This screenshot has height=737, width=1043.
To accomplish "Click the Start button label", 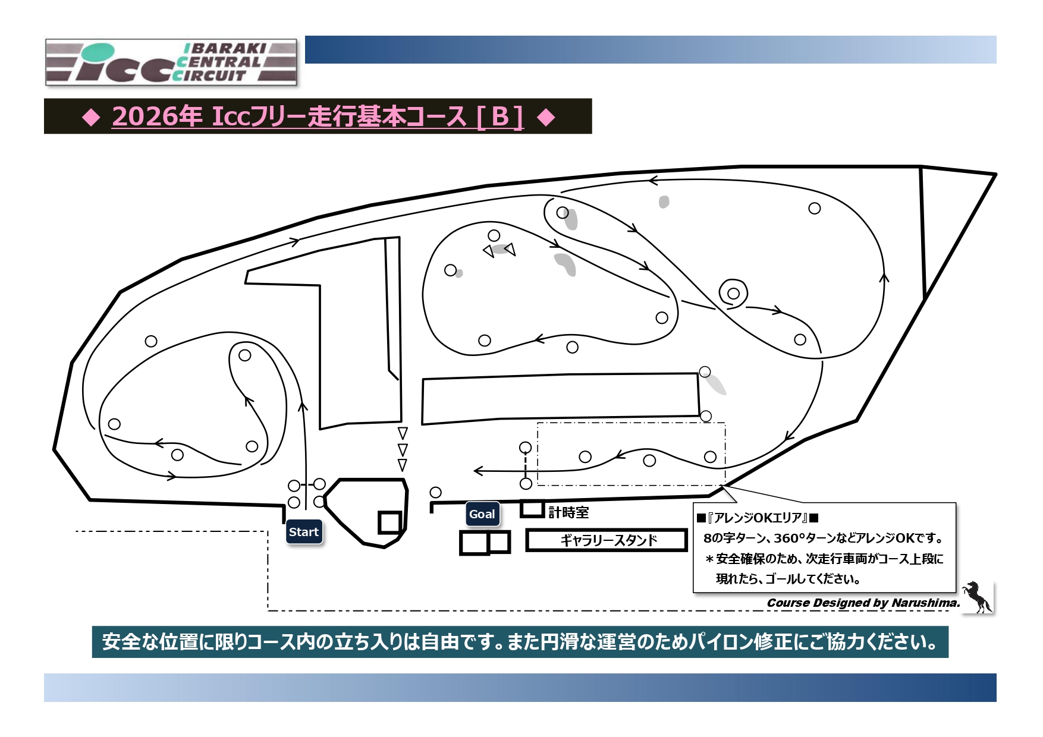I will (304, 532).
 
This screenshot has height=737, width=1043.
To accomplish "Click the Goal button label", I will (482, 514).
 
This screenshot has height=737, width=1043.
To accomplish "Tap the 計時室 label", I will (568, 512).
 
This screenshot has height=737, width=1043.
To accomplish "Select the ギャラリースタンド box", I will (607, 540).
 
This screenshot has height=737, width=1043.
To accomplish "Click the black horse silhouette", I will (976, 596).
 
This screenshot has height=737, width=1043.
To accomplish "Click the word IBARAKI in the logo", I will (225, 48).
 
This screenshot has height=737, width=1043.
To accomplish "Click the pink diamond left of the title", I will (91, 117).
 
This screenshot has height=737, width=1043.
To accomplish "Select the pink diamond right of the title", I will (546, 117).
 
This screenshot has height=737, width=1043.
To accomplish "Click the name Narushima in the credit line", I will (925, 603).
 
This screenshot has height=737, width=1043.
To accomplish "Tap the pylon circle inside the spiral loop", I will (733, 293).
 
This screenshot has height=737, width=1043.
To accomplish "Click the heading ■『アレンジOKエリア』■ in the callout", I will (758, 518).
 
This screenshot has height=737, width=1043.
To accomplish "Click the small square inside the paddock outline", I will (390, 522).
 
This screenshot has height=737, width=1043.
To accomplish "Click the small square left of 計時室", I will (532, 509).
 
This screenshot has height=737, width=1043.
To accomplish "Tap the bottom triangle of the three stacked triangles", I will (403, 465).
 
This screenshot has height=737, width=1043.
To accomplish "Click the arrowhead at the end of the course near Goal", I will (477, 471).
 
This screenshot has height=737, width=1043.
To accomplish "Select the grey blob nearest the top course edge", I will (664, 202).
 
